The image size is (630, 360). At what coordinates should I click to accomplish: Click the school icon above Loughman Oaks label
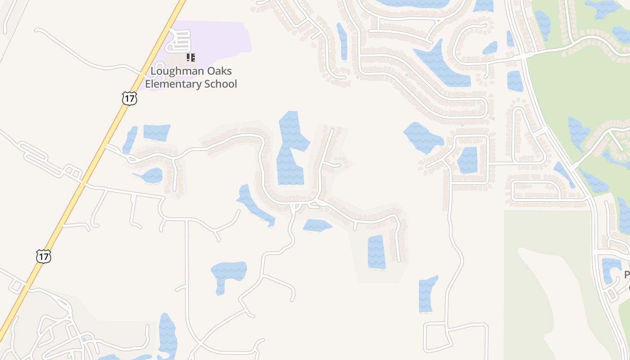click(191, 57)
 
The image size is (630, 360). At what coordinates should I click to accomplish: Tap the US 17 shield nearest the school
click(129, 99)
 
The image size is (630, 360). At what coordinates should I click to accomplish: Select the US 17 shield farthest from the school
click(44, 256)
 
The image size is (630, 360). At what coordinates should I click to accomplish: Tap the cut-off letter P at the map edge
click(627, 275)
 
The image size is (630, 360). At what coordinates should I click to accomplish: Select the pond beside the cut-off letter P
click(610, 269)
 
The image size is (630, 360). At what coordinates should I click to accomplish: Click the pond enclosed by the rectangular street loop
click(468, 160)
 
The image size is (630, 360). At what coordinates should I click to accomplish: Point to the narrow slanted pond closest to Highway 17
click(130, 139)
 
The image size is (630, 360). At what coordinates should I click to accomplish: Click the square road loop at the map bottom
click(455, 337)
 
